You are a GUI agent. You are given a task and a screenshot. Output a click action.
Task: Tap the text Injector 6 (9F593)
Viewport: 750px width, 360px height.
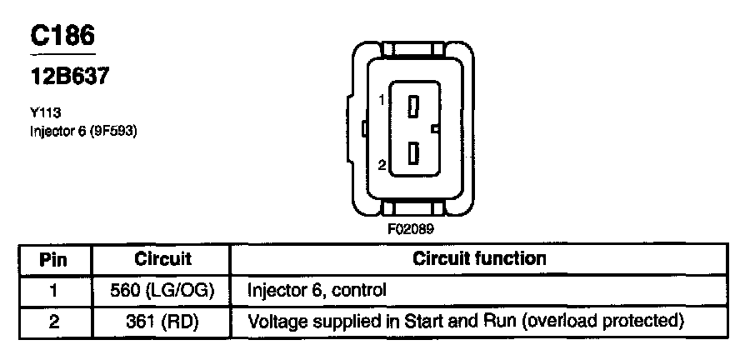click(82, 131)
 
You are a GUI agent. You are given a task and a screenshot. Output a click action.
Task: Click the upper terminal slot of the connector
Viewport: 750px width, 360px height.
click(413, 106)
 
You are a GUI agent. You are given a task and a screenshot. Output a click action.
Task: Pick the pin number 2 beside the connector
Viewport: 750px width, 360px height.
click(382, 165)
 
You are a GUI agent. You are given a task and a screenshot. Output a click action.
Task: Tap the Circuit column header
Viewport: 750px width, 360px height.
click(162, 259)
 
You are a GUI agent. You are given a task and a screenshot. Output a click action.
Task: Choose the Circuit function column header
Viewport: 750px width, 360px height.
click(479, 259)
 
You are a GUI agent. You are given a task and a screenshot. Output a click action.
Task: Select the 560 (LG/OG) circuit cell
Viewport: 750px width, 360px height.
click(162, 291)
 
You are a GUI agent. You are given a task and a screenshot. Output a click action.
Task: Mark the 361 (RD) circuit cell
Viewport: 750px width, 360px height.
click(162, 321)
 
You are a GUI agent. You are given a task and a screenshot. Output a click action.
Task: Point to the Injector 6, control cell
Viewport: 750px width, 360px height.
click(317, 291)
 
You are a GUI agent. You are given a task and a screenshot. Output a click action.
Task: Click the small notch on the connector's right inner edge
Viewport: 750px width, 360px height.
click(435, 129)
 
